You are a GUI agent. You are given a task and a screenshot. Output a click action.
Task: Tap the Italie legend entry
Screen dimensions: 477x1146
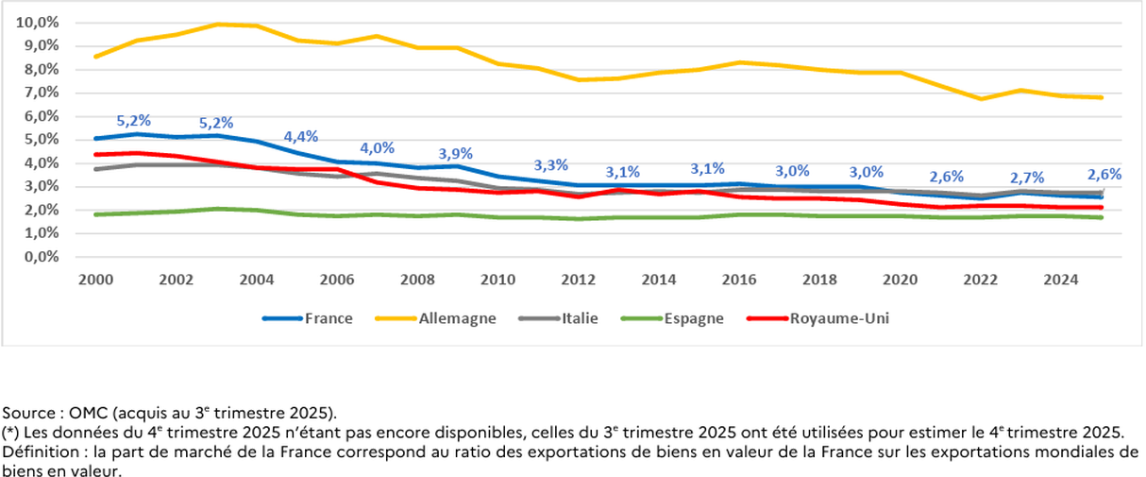click(x=580, y=318)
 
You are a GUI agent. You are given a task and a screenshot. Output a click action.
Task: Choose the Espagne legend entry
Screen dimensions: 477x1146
click(x=692, y=318)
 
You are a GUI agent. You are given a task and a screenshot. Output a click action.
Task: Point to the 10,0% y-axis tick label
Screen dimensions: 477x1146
click(x=38, y=22)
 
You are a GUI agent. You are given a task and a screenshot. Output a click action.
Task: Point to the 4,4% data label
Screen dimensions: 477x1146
click(x=302, y=136)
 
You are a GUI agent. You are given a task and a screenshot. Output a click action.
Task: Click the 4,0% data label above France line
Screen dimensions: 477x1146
click(x=378, y=148)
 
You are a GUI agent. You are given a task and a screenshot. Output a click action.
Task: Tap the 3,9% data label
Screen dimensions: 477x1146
click(x=456, y=154)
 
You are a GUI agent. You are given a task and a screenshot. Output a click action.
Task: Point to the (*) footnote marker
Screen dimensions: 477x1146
click(x=10, y=433)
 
